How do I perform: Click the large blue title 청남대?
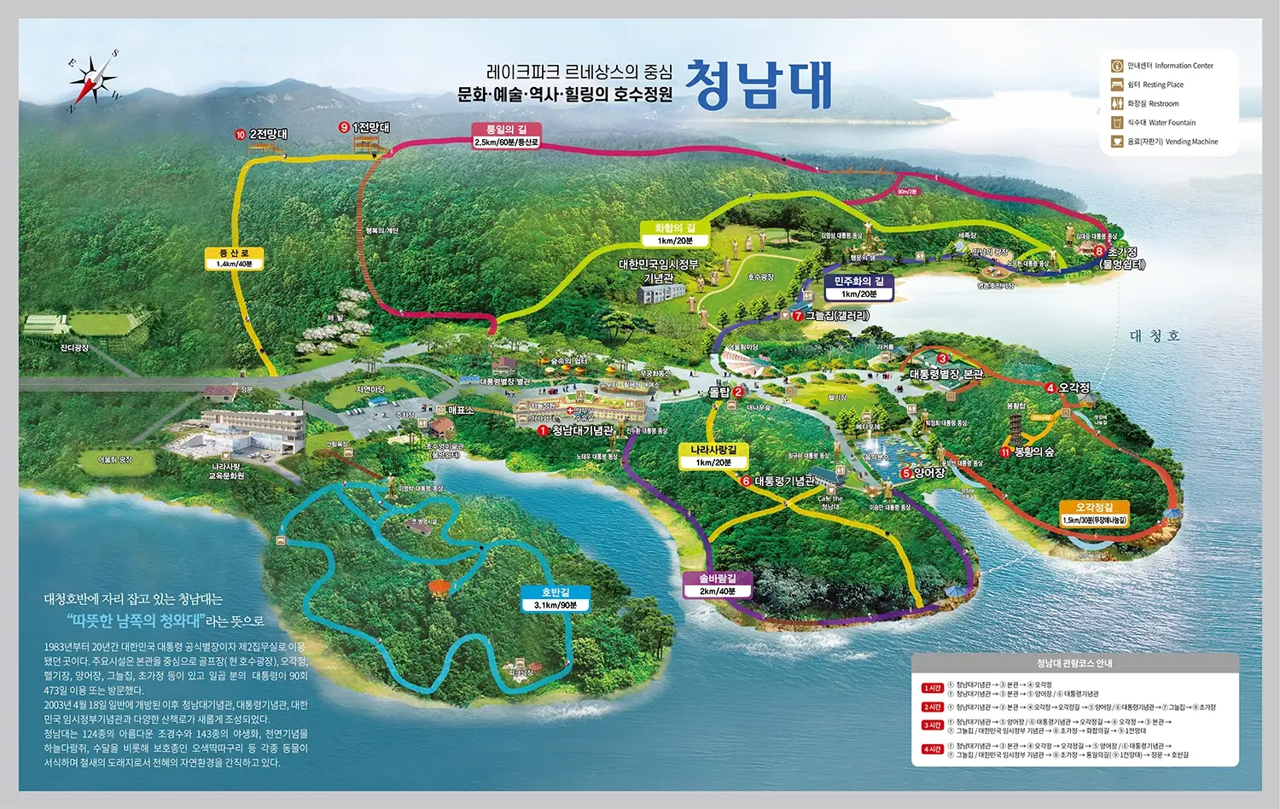[759, 84]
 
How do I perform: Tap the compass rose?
[95, 81]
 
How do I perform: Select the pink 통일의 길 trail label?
[506, 135]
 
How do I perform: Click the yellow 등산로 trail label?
[234, 259]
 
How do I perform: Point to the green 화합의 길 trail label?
[675, 234]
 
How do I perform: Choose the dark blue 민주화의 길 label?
[858, 287]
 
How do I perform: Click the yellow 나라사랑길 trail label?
[713, 456]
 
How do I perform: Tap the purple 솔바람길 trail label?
[718, 585]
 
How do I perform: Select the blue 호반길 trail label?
[555, 598]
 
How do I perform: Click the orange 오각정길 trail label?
[1094, 513]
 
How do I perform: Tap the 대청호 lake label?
[1155, 336]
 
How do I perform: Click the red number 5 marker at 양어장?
[905, 473]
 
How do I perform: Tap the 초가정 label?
[1122, 252]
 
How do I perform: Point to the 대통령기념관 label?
[784, 481]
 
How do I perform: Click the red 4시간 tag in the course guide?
[932, 749]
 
